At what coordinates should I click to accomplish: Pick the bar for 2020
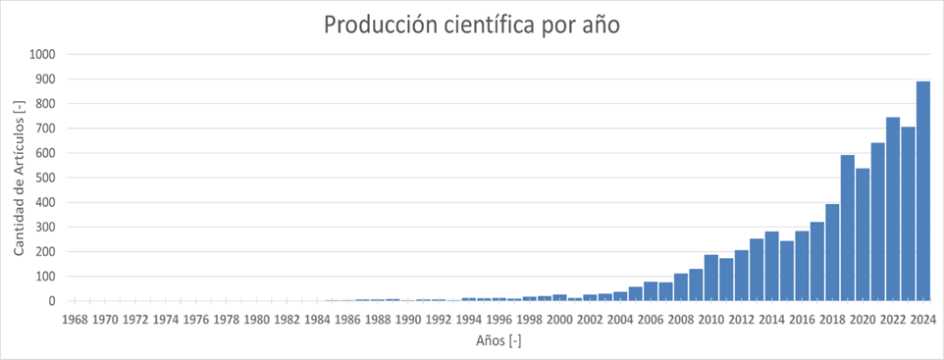coord(863,234)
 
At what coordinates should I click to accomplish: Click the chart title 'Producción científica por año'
coord(472,25)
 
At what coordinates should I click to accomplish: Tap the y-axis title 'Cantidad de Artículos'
coord(20,178)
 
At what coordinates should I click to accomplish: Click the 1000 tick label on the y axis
coord(43,55)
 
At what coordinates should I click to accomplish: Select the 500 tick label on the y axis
coord(46,178)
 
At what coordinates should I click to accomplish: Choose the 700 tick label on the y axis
coord(46,129)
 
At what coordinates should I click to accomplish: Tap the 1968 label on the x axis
coord(76,319)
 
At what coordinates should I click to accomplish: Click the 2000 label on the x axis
coord(559,319)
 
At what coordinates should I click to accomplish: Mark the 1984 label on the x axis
coord(317,319)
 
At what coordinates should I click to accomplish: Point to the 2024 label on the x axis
coord(923,319)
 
